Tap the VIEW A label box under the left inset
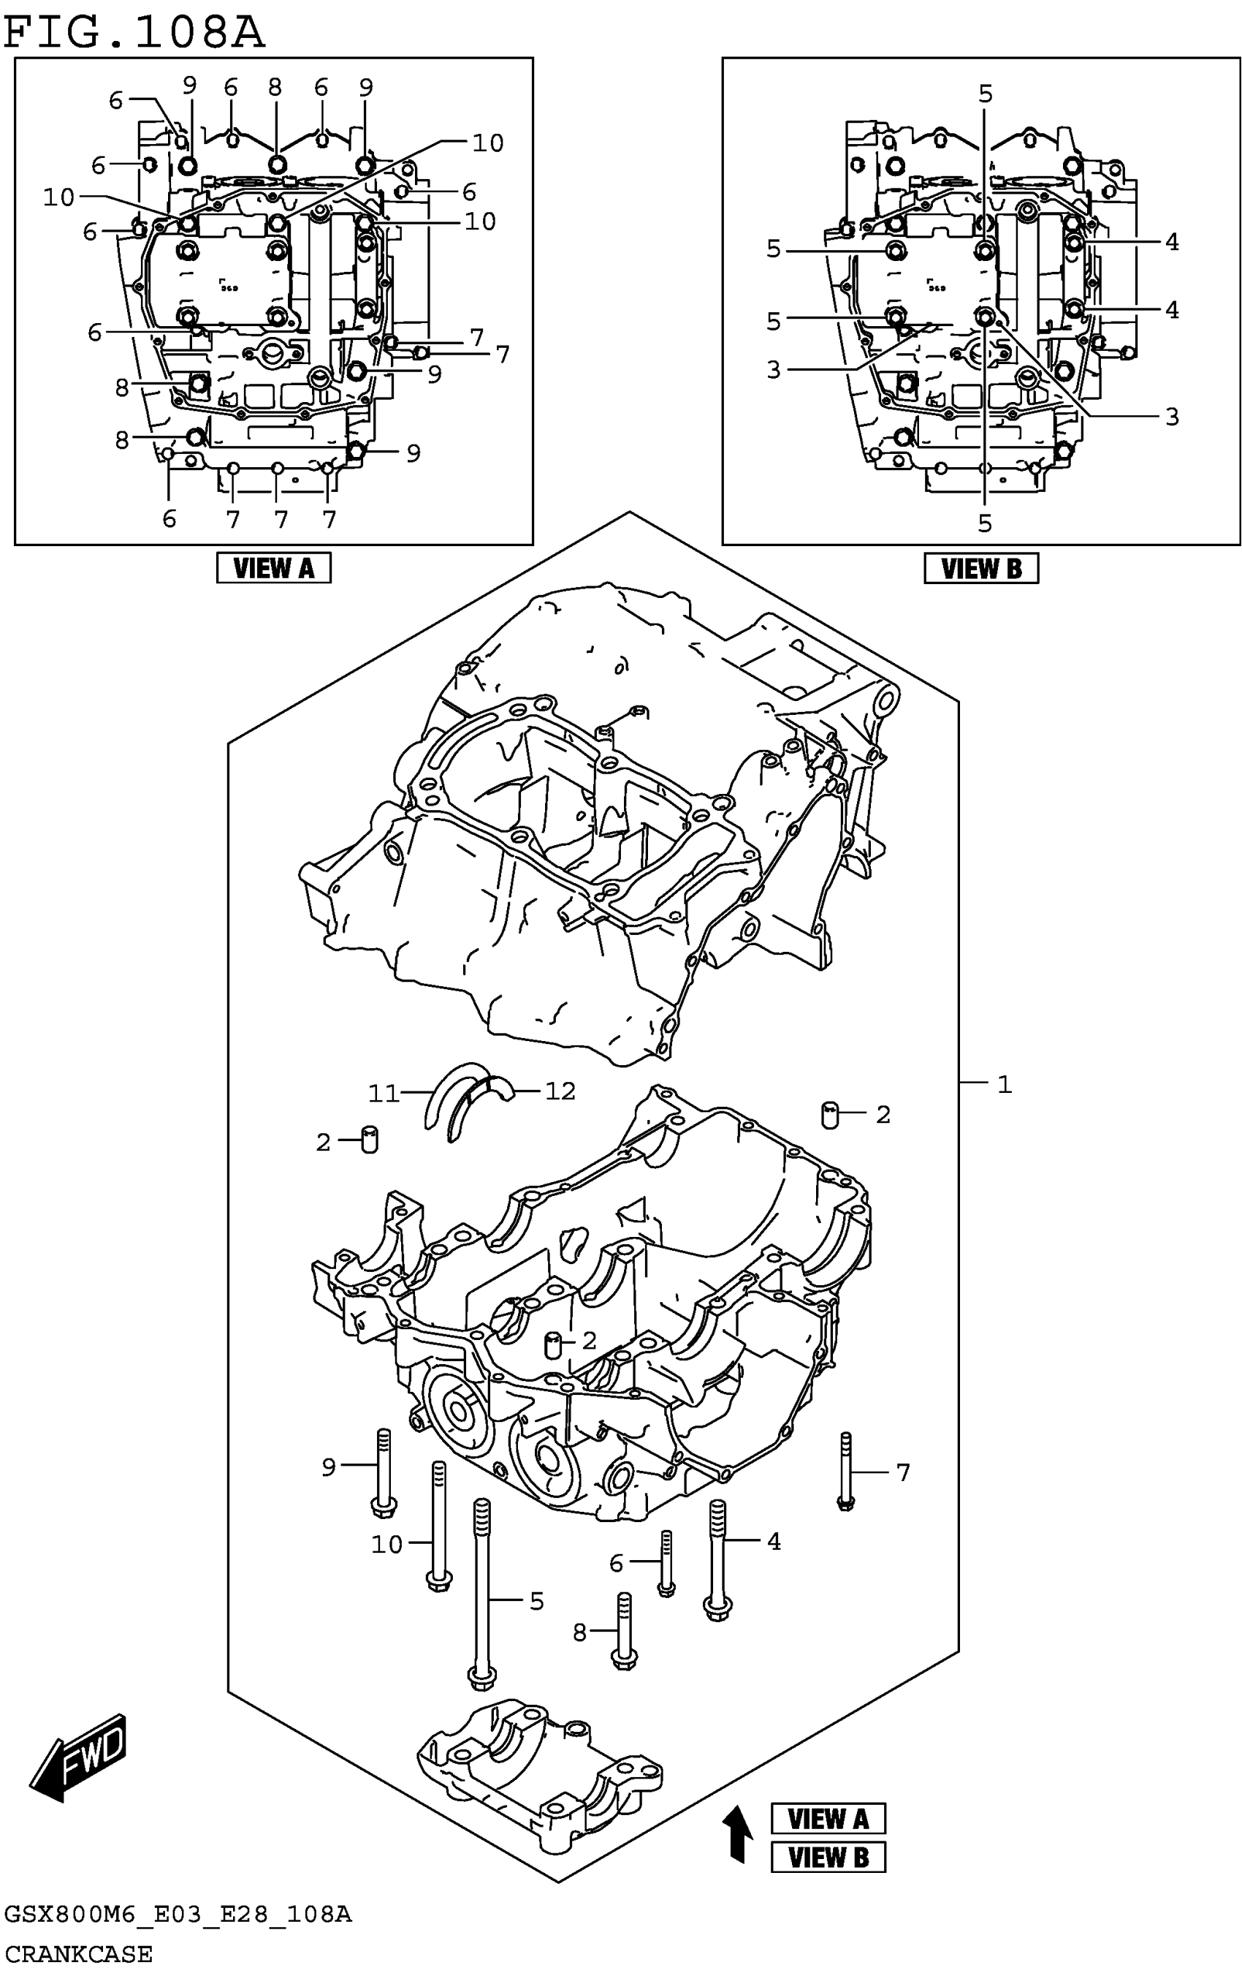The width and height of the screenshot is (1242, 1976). coord(273,568)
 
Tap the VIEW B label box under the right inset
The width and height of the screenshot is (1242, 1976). coord(980,568)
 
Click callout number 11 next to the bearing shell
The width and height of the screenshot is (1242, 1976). coord(382,1093)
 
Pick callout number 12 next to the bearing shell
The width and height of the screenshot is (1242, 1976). coord(560,1091)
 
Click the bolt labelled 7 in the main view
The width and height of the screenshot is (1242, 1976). coord(846,1472)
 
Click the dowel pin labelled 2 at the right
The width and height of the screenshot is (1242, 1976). coord(830,1114)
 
